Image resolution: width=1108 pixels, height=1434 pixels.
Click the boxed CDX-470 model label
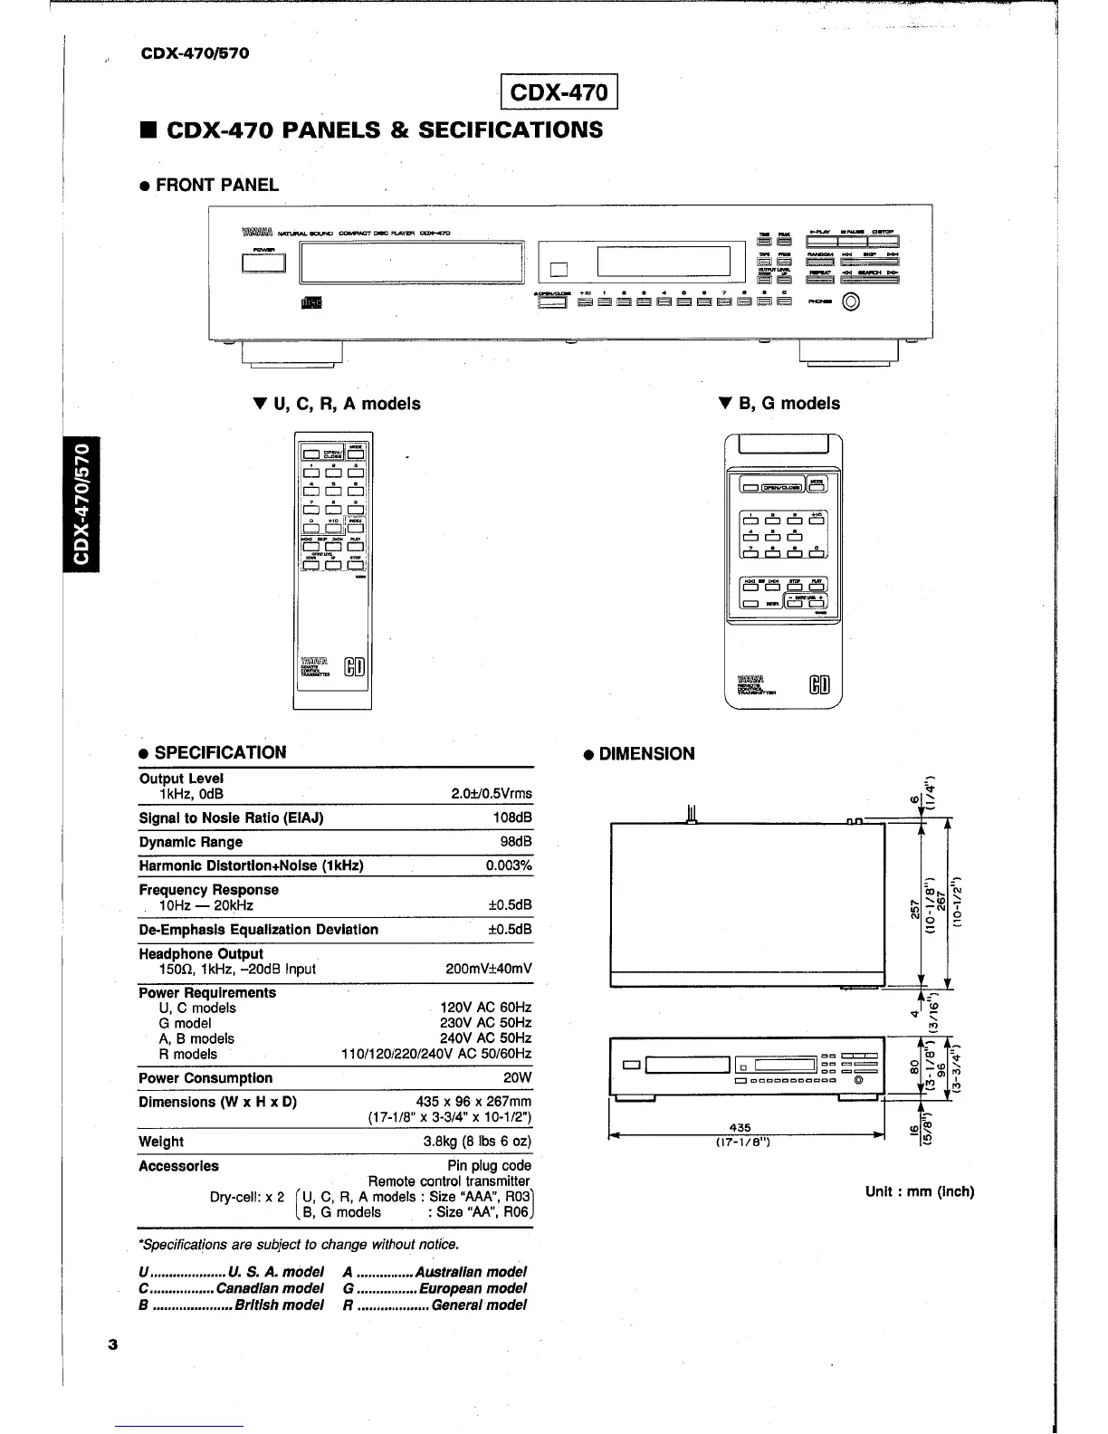click(559, 93)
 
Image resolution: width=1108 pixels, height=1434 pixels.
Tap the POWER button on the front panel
click(263, 263)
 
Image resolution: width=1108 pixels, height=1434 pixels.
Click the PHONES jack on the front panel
click(852, 302)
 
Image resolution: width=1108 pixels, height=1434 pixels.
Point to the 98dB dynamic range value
click(516, 842)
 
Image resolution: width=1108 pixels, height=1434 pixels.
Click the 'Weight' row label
click(161, 1142)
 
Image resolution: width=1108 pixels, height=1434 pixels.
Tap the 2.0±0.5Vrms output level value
click(492, 794)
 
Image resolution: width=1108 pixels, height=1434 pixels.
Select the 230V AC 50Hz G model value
click(485, 1023)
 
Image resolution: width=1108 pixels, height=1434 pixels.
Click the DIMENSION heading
click(646, 754)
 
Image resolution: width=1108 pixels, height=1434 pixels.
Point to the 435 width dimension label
click(740, 1128)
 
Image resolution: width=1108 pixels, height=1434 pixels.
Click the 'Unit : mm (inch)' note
click(920, 1191)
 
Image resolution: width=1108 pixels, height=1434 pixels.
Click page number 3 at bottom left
click(113, 1344)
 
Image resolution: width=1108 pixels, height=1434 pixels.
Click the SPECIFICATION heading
click(220, 753)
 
